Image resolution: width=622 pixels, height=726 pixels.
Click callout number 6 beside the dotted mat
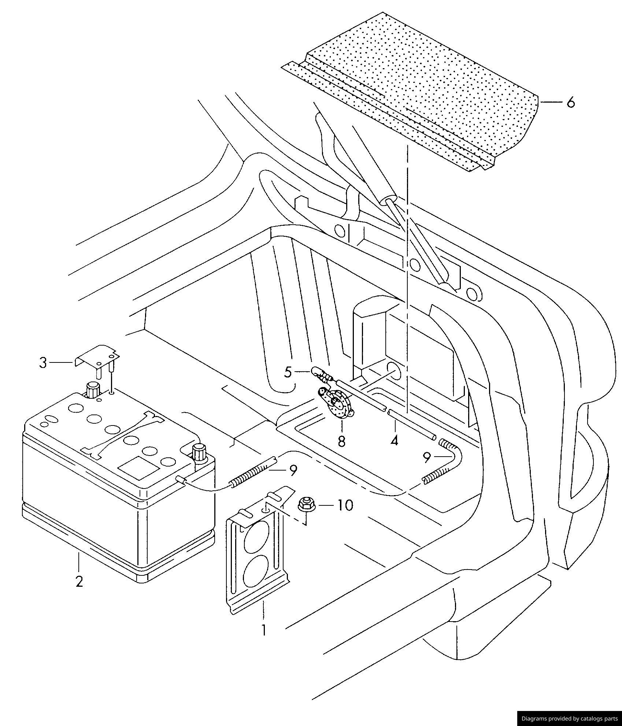point(570,102)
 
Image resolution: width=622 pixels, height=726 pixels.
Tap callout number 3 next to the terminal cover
point(43,363)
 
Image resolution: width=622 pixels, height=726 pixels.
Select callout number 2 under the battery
point(79,581)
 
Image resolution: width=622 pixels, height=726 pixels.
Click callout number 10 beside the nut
point(345,505)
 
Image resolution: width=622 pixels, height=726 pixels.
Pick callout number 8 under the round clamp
point(341,441)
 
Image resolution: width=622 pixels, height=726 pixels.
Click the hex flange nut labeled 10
point(305,505)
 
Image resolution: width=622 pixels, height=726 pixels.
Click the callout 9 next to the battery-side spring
point(293,471)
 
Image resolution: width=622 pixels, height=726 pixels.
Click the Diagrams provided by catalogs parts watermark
point(569,719)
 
